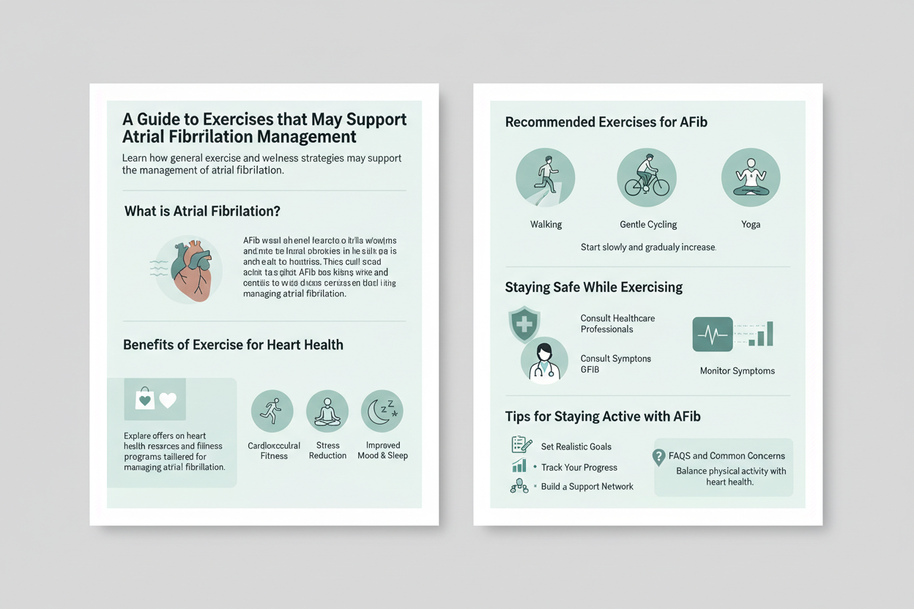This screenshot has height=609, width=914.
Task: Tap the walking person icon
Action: (x=545, y=178)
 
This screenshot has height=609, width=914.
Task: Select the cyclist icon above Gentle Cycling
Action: (x=647, y=178)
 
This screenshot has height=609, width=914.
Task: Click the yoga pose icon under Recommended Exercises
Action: (x=751, y=178)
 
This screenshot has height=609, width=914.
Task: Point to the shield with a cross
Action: (x=524, y=324)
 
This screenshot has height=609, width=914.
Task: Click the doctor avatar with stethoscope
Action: (x=544, y=360)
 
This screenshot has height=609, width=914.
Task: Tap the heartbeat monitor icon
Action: (x=713, y=335)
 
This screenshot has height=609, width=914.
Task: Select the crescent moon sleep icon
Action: (x=382, y=411)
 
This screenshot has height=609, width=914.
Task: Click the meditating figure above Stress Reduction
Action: (x=327, y=411)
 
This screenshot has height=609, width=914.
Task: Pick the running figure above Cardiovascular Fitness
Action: (x=272, y=411)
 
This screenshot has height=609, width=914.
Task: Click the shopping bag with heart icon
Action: (x=145, y=398)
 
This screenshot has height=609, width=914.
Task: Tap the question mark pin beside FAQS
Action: (x=658, y=457)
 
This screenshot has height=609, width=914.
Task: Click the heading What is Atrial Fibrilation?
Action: (x=202, y=212)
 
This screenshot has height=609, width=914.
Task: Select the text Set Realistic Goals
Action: (x=576, y=447)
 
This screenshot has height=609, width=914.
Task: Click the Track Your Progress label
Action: (x=579, y=467)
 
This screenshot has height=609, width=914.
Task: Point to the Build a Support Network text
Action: (x=587, y=487)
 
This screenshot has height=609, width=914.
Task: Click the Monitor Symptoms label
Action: (x=737, y=371)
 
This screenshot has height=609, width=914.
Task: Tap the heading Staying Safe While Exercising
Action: (x=593, y=288)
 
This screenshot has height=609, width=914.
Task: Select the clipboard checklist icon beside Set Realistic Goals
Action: (x=521, y=445)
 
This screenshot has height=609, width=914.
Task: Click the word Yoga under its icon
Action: (x=751, y=225)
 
